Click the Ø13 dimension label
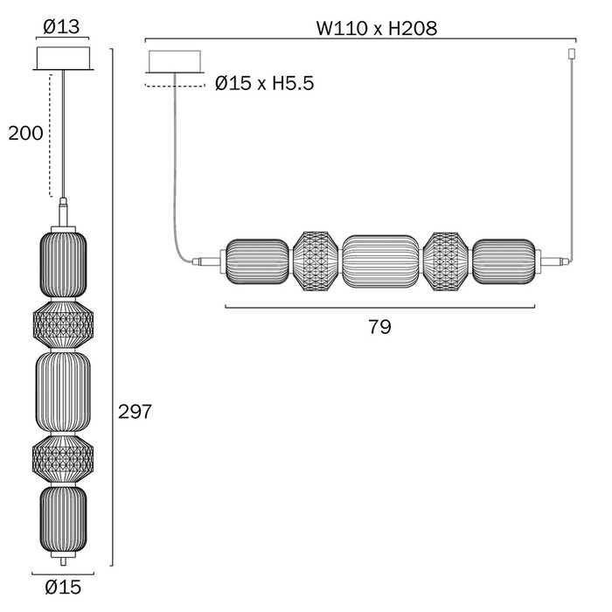click(x=61, y=27)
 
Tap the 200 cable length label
click(x=25, y=134)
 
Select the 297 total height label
click(x=135, y=412)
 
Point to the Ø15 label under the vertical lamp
click(x=63, y=587)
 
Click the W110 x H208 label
click(x=377, y=28)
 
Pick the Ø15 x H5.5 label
click(x=264, y=83)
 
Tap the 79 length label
click(x=379, y=327)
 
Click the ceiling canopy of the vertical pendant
click(x=63, y=59)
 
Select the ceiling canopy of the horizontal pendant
click(x=175, y=62)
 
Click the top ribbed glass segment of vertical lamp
click(x=63, y=264)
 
